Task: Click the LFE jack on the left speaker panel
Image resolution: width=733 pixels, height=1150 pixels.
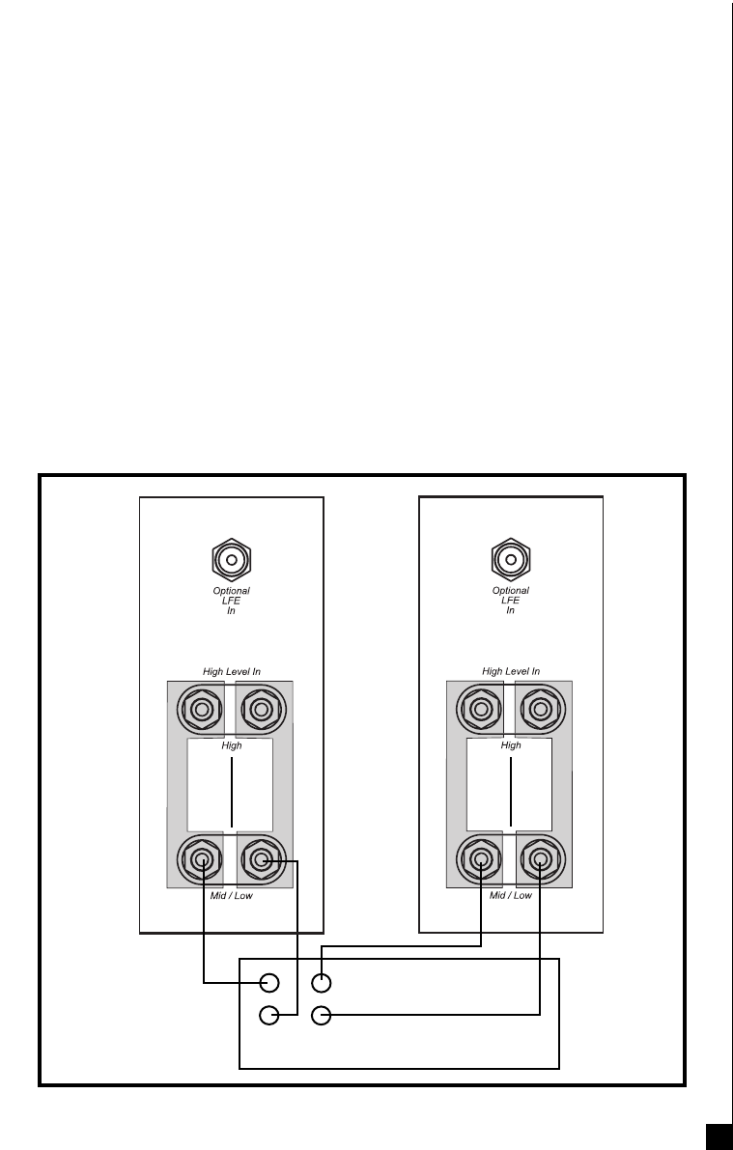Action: tap(231, 558)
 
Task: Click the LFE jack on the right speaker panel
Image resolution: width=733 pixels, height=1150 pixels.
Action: tap(511, 558)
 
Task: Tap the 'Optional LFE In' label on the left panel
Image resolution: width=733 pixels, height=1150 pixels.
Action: tap(231, 601)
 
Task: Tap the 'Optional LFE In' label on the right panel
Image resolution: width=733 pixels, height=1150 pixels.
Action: tap(511, 601)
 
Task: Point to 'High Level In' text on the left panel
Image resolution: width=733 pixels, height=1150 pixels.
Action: tap(231, 671)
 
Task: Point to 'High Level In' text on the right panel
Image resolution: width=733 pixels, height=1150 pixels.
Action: tap(511, 671)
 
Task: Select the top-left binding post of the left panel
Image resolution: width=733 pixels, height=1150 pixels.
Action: tap(202, 711)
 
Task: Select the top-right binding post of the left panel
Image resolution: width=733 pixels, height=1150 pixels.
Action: tap(260, 711)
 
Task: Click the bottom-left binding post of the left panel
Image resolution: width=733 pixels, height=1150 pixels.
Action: tap(202, 858)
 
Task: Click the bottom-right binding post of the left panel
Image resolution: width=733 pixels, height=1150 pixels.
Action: tap(260, 858)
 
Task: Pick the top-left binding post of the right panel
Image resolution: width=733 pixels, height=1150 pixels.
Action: tap(481, 711)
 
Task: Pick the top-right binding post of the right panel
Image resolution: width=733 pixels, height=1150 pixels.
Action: tap(540, 711)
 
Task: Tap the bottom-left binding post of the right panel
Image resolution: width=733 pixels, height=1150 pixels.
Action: tap(481, 858)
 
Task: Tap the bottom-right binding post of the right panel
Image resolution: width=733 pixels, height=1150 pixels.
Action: tap(540, 858)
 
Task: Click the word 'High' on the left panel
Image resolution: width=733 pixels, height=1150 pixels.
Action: tap(231, 745)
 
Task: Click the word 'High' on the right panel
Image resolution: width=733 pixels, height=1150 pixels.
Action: tap(511, 745)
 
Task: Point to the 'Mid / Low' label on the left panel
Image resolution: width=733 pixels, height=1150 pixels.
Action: tap(231, 896)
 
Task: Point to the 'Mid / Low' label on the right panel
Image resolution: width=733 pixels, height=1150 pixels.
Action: tap(511, 896)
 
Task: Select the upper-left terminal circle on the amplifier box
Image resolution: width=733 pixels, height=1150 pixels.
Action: tap(270, 983)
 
